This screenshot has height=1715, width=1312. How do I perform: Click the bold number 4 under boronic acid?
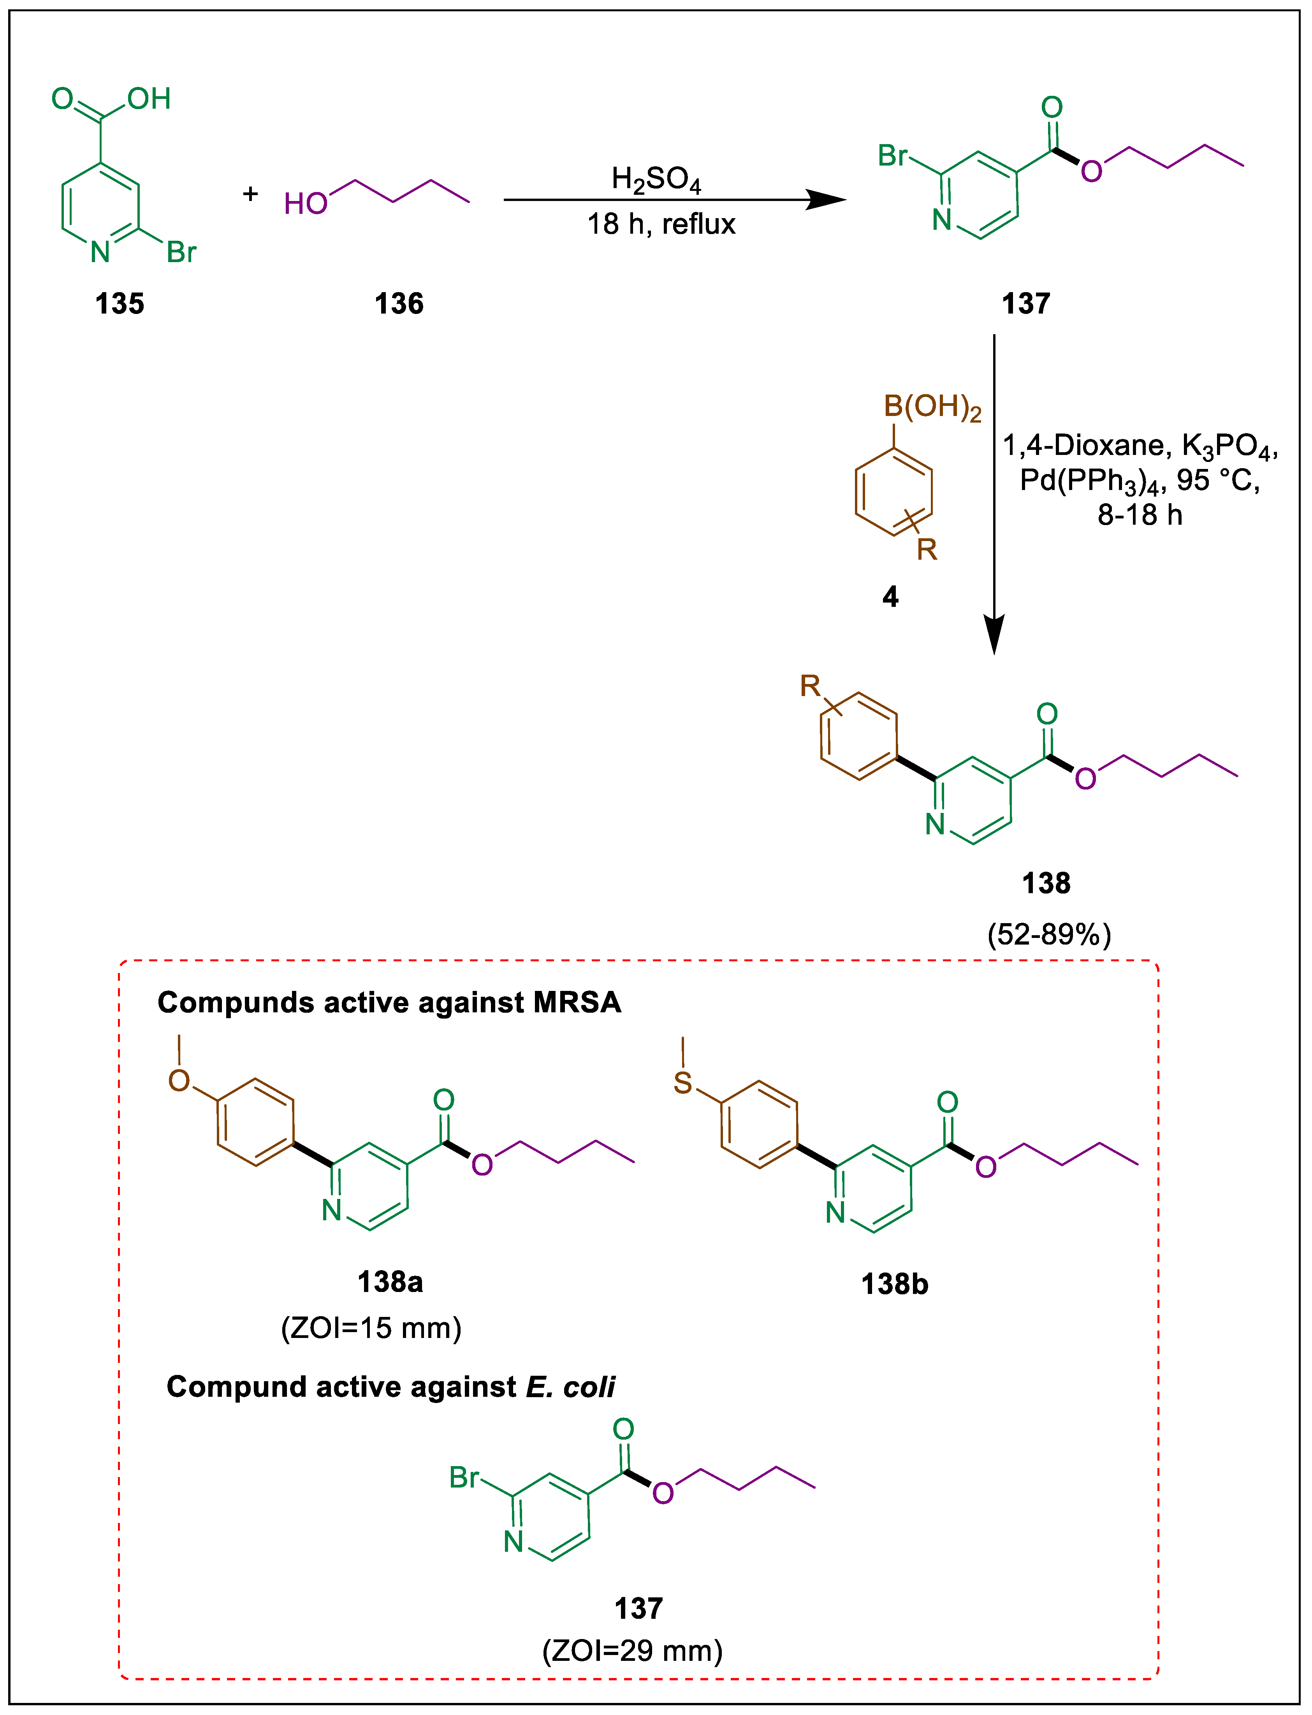[x=890, y=597]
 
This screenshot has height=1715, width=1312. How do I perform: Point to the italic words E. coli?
[x=570, y=1387]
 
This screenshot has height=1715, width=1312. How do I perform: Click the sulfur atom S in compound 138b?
[x=682, y=1083]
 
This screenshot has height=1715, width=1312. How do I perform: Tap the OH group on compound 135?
[x=149, y=99]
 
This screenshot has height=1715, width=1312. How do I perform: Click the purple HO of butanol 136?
[x=305, y=204]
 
